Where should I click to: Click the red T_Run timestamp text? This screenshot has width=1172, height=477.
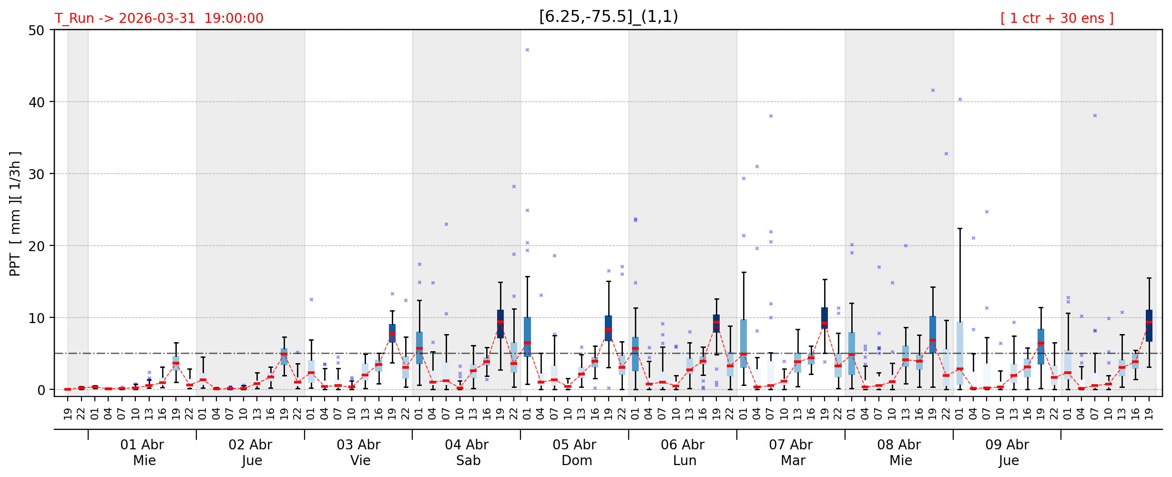[159, 19]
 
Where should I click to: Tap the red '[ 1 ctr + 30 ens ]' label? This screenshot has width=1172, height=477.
[1057, 19]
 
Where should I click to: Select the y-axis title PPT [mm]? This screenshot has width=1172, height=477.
[15, 213]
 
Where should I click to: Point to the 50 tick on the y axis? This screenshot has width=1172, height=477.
[37, 31]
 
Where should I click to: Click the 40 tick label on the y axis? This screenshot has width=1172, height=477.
[37, 102]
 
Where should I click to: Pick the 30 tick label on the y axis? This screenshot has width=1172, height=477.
[37, 174]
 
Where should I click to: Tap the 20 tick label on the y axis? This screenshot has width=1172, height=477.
[37, 246]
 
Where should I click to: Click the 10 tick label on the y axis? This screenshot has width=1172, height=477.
[37, 318]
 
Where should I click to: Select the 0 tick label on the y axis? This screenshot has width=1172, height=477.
[41, 390]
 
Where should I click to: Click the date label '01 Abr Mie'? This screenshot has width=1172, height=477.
[142, 452]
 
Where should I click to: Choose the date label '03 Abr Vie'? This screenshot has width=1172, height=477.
[358, 452]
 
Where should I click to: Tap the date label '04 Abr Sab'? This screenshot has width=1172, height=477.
[467, 452]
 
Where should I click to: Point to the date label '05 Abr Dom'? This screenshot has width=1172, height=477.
[575, 452]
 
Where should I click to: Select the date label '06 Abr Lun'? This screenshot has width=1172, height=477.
[683, 452]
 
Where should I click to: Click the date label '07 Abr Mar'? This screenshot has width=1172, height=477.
[791, 452]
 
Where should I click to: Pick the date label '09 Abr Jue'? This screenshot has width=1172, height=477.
[1008, 452]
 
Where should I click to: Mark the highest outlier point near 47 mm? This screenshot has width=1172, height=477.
[527, 50]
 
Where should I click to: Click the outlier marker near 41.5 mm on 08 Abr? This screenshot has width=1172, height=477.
[933, 90]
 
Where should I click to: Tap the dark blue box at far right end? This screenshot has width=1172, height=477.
[1149, 325]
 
